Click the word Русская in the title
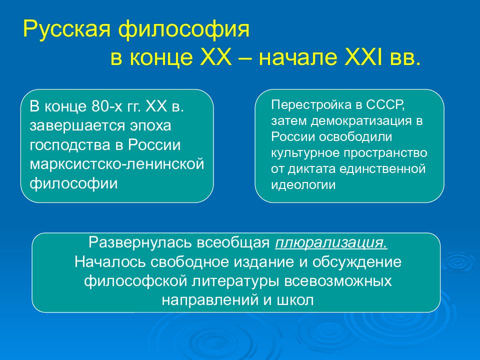click(x=66, y=29)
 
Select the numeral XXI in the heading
click(x=363, y=57)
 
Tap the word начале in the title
click(x=295, y=57)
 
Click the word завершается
click(x=77, y=126)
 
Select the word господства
click(x=70, y=145)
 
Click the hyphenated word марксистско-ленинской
click(x=117, y=164)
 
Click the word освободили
click(x=355, y=136)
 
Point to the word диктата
click(x=311, y=169)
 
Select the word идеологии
click(x=303, y=185)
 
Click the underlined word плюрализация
click(x=331, y=243)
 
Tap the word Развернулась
click(x=140, y=242)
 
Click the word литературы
click(x=235, y=281)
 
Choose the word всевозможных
click(x=338, y=281)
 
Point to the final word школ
click(x=295, y=300)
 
